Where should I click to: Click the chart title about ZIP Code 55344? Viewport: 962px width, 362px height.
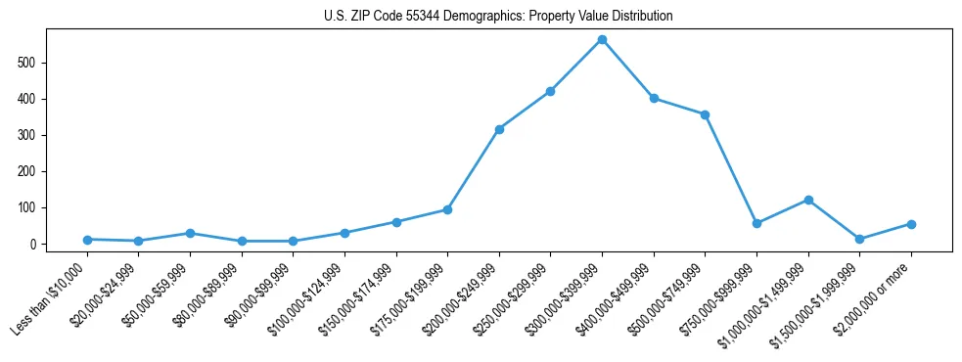click(x=498, y=17)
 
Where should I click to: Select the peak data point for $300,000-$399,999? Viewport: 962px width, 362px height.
click(x=602, y=40)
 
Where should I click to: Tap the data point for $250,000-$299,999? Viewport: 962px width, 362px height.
click(x=550, y=91)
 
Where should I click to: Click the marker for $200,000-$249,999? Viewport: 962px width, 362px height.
click(x=499, y=129)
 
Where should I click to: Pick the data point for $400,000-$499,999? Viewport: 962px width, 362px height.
click(x=654, y=98)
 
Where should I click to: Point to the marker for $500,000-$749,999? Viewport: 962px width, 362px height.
click(x=705, y=114)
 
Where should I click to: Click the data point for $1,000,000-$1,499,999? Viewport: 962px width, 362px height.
click(x=808, y=200)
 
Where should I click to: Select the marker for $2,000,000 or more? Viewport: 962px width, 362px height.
click(x=911, y=224)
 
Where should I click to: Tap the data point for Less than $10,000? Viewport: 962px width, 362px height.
click(x=87, y=240)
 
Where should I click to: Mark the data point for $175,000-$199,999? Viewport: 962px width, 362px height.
click(x=447, y=209)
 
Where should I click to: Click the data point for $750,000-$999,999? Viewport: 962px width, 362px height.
click(x=756, y=223)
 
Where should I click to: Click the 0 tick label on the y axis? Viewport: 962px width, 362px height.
click(x=32, y=245)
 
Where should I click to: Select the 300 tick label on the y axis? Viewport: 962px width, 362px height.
click(x=27, y=135)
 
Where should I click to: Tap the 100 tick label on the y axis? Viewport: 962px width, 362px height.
click(x=27, y=208)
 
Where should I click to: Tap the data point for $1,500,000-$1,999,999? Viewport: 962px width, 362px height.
click(x=859, y=239)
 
